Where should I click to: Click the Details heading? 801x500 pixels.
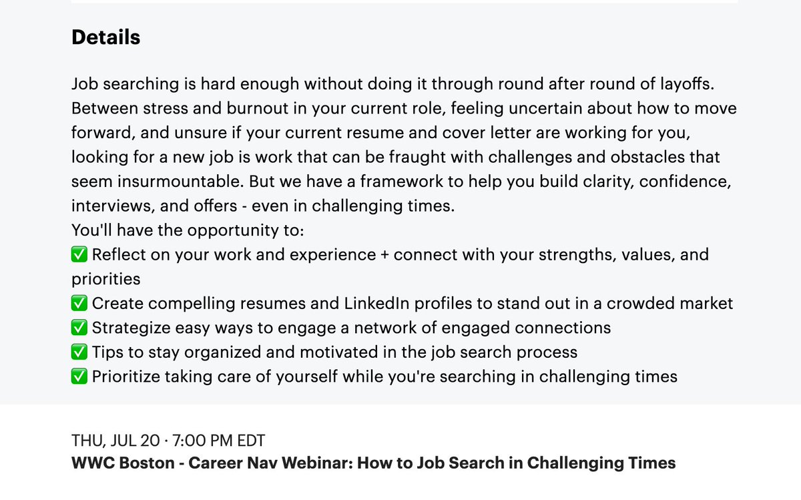pyautogui.click(x=105, y=37)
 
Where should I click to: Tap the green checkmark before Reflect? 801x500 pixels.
pyautogui.click(x=79, y=254)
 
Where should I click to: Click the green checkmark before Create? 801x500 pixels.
pyautogui.click(x=79, y=303)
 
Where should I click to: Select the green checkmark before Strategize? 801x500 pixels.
pyautogui.click(x=79, y=328)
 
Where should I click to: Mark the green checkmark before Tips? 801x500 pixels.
pyautogui.click(x=79, y=352)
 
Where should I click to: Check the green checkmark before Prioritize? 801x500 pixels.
pyautogui.click(x=79, y=377)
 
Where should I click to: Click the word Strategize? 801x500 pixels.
pyautogui.click(x=129, y=328)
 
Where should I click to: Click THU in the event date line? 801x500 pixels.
pyautogui.click(x=85, y=441)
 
